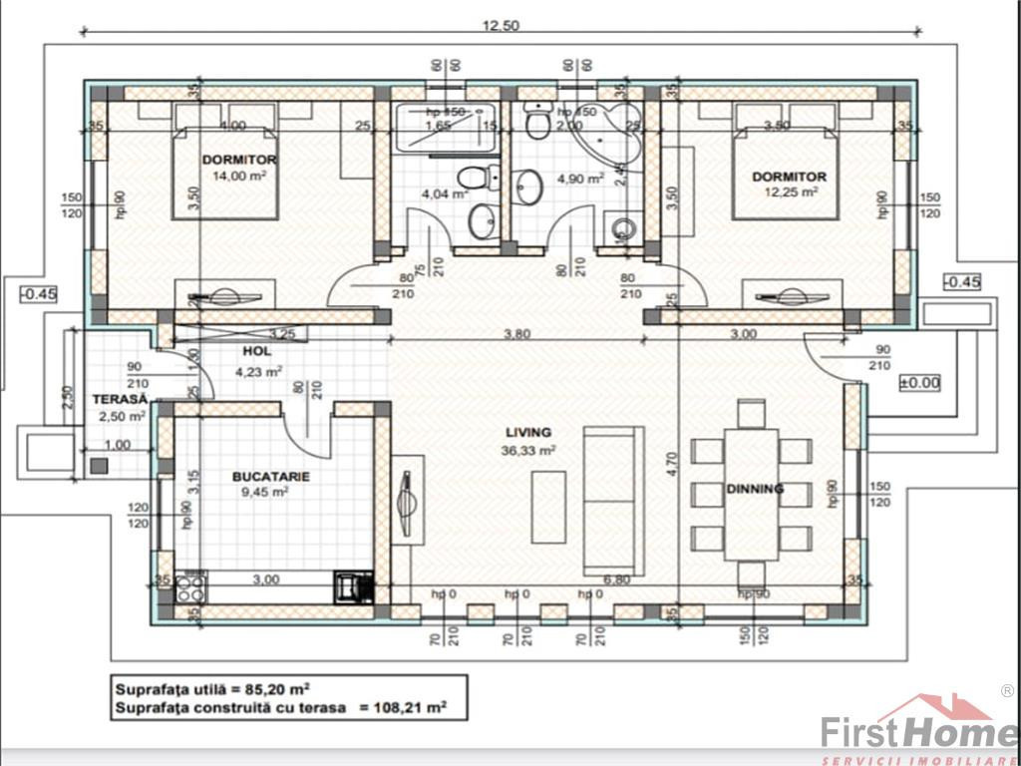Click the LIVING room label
point(528,432)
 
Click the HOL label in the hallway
point(257,352)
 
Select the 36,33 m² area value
point(529,449)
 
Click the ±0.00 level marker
point(918,382)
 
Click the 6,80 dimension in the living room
point(617,578)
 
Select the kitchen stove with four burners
point(191,587)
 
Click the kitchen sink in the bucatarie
point(353,586)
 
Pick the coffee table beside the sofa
point(548,507)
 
